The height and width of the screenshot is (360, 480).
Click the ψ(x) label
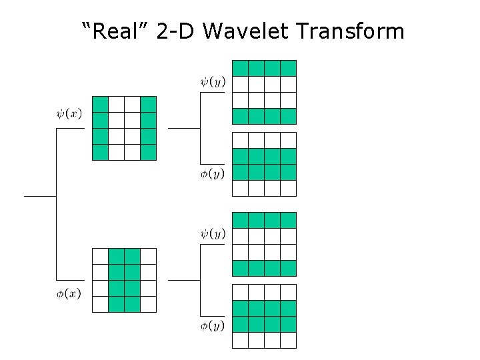69,113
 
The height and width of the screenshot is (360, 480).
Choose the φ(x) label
69,294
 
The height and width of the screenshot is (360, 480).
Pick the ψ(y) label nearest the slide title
213,82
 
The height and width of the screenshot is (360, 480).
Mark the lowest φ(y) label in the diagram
213,325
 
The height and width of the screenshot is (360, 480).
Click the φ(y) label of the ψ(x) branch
213,173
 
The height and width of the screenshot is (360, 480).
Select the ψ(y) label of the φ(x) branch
213,234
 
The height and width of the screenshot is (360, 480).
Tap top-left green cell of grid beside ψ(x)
100,105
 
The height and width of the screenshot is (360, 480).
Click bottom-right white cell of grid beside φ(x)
148,304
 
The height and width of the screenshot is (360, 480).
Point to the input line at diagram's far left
40,197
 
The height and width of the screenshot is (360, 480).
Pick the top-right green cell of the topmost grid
288,68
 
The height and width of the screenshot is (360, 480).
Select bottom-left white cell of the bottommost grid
240,340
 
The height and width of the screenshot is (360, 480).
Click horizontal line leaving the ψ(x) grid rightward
183,128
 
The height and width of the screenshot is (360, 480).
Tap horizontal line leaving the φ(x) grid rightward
183,280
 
